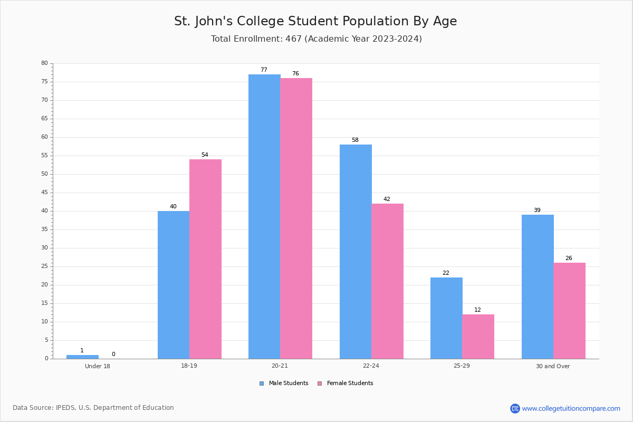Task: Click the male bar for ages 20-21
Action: (264, 216)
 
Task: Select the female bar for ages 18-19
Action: (205, 259)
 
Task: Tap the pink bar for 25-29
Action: (478, 337)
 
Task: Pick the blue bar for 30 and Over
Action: (538, 287)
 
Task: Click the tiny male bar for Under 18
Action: (82, 357)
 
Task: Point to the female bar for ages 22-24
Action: (387, 281)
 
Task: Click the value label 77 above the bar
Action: (264, 70)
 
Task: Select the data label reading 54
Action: (205, 155)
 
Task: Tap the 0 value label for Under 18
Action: (113, 354)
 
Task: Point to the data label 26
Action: (569, 258)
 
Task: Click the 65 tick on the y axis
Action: (45, 119)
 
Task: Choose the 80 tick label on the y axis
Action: (45, 63)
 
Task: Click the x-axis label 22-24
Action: (371, 366)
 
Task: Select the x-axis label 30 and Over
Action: (553, 366)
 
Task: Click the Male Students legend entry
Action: (284, 383)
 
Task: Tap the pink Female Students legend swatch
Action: (320, 383)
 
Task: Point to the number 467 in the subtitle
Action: (294, 39)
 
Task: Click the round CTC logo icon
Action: (515, 408)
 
